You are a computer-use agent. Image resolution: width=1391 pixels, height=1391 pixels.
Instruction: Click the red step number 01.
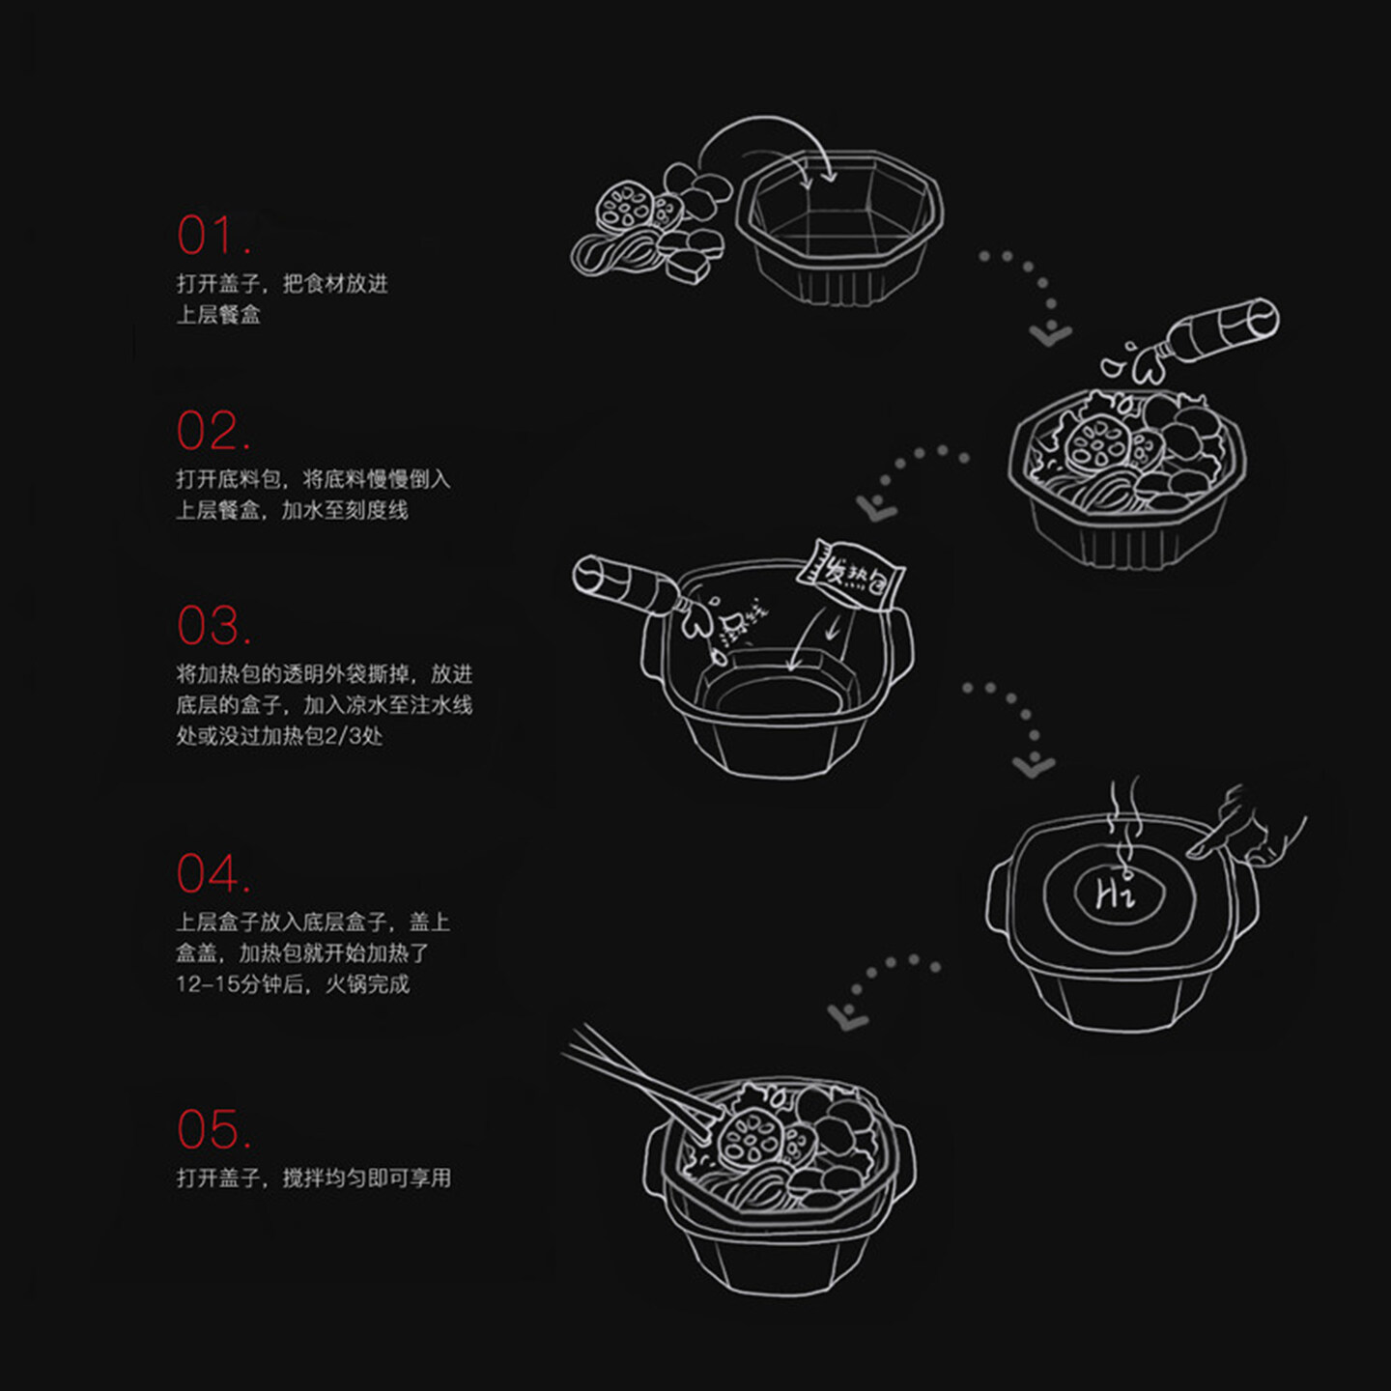pyautogui.click(x=213, y=236)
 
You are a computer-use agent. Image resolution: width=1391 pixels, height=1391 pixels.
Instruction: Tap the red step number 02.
pyautogui.click(x=213, y=431)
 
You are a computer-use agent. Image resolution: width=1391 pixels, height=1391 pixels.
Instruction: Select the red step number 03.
pyautogui.click(x=213, y=626)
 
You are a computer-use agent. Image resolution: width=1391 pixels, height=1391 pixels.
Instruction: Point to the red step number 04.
pyautogui.click(x=213, y=874)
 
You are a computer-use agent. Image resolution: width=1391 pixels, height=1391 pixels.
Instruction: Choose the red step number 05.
pyautogui.click(x=213, y=1129)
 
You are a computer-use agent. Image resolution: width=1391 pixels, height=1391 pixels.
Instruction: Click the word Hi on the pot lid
pyautogui.click(x=1115, y=894)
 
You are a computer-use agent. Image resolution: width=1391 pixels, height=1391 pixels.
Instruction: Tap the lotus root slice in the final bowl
pyautogui.click(x=749, y=1140)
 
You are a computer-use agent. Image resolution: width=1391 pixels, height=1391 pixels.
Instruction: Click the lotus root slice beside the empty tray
pyautogui.click(x=623, y=208)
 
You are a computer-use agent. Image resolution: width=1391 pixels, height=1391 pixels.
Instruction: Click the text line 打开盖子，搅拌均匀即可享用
pyautogui.click(x=313, y=1178)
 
